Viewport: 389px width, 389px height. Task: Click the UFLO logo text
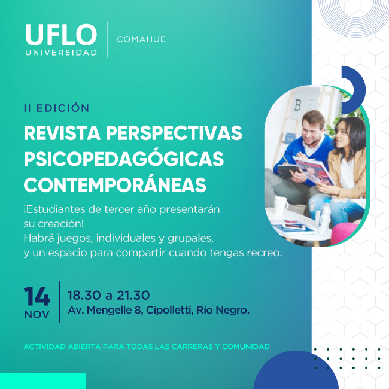click(61, 35)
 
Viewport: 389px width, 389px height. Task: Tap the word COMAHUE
click(141, 39)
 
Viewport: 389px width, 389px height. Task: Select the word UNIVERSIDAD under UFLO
click(61, 53)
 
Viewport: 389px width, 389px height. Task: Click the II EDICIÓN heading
click(57, 108)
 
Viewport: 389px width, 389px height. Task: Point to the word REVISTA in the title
click(62, 133)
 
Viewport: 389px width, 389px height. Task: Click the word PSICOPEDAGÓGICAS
click(124, 159)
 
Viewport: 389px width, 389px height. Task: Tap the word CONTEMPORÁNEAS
click(115, 184)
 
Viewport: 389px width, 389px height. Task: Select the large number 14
click(37, 296)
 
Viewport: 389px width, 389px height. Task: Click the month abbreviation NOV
click(37, 315)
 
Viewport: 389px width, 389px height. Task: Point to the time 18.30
click(84, 295)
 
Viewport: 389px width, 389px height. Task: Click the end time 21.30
click(133, 295)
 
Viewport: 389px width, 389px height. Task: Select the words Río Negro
click(223, 310)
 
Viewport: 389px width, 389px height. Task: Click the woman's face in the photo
click(342, 137)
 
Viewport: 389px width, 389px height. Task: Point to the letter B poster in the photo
click(297, 105)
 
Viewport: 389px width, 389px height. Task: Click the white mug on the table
click(281, 205)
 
